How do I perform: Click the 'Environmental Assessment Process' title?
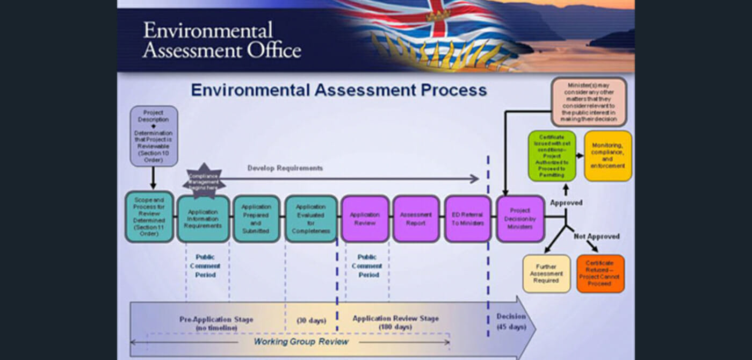point(339,89)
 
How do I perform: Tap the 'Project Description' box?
point(154,135)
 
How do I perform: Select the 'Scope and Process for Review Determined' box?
point(149,217)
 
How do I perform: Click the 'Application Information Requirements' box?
point(203,218)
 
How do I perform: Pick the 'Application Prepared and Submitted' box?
point(256,218)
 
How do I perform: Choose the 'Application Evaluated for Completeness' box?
point(310,218)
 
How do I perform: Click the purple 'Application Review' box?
point(365,218)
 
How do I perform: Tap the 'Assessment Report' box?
point(416,218)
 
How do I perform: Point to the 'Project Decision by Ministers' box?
point(519,218)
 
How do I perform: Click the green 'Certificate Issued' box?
point(552,155)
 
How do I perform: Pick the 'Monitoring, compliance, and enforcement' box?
point(608,155)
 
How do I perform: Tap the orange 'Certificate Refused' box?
point(601,273)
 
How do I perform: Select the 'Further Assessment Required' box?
point(546,273)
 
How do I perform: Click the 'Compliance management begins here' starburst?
point(204,180)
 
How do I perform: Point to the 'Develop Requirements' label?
point(285,168)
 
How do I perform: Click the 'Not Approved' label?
point(596,236)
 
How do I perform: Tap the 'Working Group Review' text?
point(301,342)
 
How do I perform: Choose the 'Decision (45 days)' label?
point(511,321)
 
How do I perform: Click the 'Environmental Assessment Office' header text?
point(222,40)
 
